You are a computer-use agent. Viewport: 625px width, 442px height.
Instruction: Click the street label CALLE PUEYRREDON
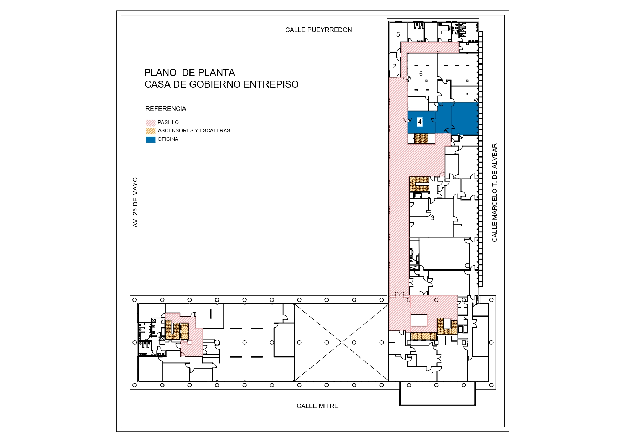pyautogui.click(x=318, y=30)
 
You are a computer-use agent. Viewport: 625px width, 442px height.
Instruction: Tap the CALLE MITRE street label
pyautogui.click(x=317, y=406)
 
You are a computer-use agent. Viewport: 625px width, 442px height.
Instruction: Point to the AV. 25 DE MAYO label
pyautogui.click(x=135, y=202)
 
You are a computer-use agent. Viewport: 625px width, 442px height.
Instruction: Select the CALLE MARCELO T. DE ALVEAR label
pyautogui.click(x=495, y=192)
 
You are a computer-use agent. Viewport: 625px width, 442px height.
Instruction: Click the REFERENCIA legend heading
pyautogui.click(x=166, y=109)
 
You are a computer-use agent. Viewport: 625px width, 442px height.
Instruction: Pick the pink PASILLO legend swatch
pyautogui.click(x=151, y=123)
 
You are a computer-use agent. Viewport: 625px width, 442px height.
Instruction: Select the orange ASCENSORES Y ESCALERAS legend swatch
pyautogui.click(x=151, y=131)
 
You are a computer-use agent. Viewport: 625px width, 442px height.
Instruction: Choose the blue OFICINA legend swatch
pyautogui.click(x=151, y=139)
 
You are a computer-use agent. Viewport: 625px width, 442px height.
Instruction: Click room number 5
pyautogui.click(x=398, y=35)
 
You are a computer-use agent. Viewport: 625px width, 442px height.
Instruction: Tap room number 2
pyautogui.click(x=395, y=66)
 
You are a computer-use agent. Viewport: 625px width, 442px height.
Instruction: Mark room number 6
pyautogui.click(x=421, y=74)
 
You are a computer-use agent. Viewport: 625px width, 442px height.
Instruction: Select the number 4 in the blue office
pyautogui.click(x=420, y=122)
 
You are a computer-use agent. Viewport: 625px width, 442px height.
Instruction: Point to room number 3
pyautogui.click(x=433, y=218)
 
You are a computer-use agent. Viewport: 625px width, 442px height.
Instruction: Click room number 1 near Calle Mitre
pyautogui.click(x=433, y=374)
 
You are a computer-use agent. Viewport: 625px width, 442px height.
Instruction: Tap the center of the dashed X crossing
pyautogui.click(x=342, y=343)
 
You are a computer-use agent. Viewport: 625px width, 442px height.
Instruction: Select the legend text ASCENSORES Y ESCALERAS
pyautogui.click(x=194, y=131)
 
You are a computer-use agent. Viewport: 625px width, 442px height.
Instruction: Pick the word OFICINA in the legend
pyautogui.click(x=168, y=139)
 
